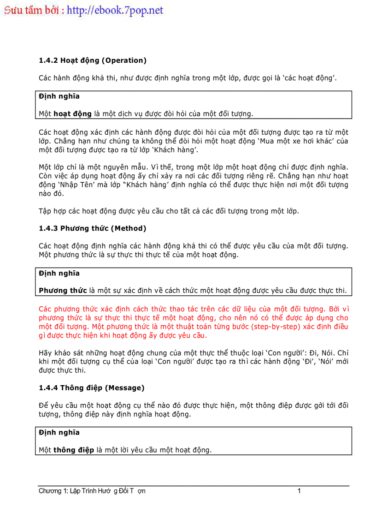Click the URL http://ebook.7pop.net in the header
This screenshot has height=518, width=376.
point(115,10)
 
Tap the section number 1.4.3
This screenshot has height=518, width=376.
point(48,228)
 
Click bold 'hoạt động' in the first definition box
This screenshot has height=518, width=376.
point(72,114)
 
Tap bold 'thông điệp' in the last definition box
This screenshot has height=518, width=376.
point(74,450)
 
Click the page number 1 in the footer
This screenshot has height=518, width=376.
point(299,491)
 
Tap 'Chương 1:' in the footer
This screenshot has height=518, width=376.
point(53,491)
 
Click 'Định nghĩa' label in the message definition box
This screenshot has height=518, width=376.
point(59,433)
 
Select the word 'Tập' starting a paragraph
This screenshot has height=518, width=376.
point(45,211)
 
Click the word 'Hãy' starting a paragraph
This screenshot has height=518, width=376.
point(45,353)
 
